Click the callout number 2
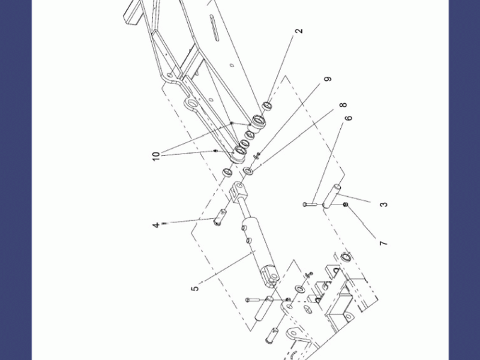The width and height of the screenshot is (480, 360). (299, 31)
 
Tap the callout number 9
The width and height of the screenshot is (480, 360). (328, 79)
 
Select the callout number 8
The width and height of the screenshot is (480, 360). (343, 105)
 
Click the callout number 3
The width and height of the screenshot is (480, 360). (384, 204)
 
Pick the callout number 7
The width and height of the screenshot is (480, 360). (383, 244)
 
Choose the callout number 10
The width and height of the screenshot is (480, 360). (156, 156)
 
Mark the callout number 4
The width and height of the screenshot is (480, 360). (156, 226)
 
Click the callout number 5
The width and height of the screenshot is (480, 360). (195, 289)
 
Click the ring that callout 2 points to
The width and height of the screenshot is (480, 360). (268, 106)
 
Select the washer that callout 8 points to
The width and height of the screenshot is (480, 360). (248, 171)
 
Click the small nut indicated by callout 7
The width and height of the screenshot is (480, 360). (346, 204)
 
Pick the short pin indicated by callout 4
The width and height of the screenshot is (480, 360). (220, 217)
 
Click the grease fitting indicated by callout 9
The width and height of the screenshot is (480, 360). (257, 155)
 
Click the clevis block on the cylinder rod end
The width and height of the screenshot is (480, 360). (237, 191)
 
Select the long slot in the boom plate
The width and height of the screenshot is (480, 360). (214, 28)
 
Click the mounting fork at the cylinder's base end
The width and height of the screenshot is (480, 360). (269, 275)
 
